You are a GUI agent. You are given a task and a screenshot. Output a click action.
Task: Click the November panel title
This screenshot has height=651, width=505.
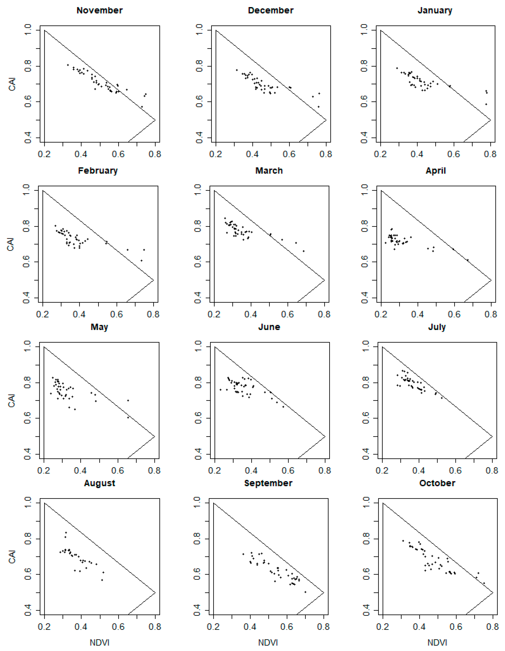(100, 10)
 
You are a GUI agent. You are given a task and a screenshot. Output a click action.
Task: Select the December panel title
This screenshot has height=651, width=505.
(271, 10)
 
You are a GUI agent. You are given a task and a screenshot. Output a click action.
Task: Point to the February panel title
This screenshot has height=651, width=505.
(98, 171)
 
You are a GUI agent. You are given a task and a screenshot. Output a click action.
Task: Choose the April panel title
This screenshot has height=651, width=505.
(436, 171)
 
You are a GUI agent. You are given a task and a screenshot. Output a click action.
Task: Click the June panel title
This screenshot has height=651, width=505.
(269, 327)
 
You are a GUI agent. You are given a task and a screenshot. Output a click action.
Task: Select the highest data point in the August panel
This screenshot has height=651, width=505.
(66, 532)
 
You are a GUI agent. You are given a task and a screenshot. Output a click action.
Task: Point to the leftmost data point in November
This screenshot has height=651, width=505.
(68, 65)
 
